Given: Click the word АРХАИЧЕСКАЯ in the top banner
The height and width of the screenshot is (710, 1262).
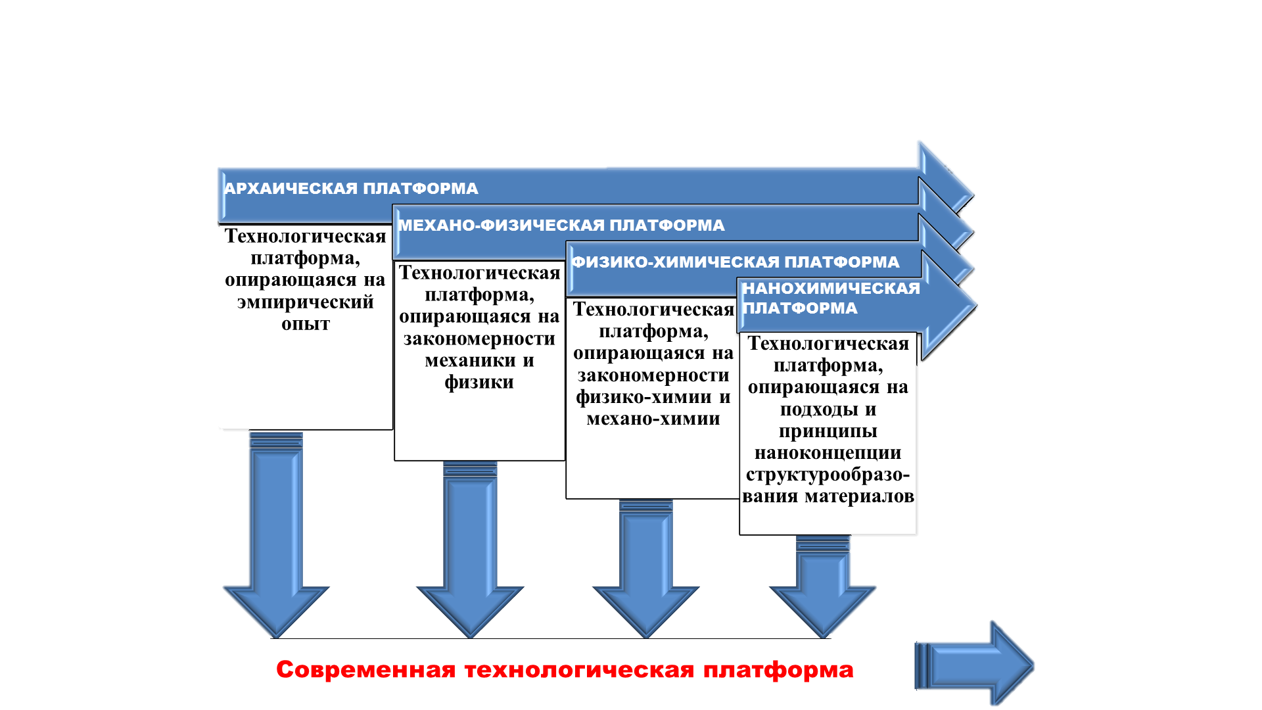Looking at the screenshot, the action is point(291,189).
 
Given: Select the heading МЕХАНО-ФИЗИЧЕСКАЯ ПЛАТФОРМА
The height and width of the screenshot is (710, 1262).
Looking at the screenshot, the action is point(561,225).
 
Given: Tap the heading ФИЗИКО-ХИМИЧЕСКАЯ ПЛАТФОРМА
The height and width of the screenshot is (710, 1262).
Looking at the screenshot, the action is point(735,262).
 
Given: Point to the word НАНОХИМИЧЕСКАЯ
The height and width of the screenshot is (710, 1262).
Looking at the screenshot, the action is point(831,289).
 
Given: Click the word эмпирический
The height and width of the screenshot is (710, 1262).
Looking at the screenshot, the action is point(306,302).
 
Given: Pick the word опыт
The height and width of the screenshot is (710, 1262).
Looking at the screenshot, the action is point(306,324).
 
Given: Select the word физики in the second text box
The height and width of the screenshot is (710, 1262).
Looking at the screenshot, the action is point(479,382).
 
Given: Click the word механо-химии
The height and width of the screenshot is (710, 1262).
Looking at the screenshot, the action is point(653,419).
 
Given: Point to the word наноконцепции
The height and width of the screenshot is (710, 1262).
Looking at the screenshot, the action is point(828,453).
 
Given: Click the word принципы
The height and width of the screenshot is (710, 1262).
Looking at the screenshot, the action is point(828,431).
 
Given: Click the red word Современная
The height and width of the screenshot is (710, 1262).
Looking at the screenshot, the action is point(365,670).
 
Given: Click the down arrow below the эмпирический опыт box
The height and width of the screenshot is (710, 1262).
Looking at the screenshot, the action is point(276,535).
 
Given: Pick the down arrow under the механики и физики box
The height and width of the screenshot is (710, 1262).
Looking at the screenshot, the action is point(470,550).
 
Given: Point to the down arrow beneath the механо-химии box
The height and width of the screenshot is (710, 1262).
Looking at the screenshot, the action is point(646,569).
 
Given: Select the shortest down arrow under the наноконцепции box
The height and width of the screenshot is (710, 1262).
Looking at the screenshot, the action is point(823,587).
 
